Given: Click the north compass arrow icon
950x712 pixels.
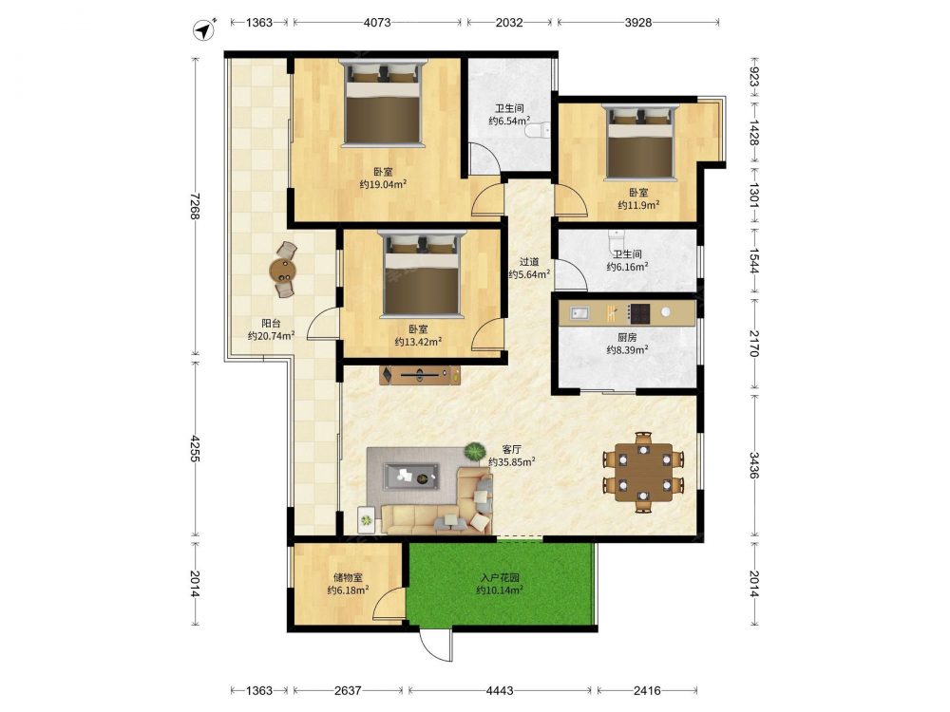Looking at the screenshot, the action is pos(204,29).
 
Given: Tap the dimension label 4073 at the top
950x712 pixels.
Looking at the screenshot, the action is pos(377,23).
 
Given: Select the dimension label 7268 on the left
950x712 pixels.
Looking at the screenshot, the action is pos(195,206).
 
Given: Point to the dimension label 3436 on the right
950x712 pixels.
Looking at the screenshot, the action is pos(754,465).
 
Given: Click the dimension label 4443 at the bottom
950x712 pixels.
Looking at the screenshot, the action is pos(500,690).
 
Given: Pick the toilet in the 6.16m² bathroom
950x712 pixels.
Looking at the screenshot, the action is pos(617,237).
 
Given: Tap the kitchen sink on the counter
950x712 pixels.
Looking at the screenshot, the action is pos(579,313).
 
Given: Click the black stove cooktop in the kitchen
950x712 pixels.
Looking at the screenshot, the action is pos(638,313).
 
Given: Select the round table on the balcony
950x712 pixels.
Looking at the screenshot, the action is pos(283,270).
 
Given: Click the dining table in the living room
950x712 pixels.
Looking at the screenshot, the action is pos(643,472).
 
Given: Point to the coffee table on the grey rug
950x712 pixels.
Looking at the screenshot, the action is pos(411,476).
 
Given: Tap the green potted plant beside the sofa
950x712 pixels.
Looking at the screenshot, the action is pos(475,451).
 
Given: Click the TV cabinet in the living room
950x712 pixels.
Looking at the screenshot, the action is pos(420,375).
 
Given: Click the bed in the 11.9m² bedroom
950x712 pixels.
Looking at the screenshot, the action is pos(640,142).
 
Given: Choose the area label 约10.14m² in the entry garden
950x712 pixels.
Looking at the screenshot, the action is pos(500,590).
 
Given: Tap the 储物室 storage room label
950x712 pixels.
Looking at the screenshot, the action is pos(348,577).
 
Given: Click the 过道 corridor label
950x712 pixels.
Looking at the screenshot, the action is pos(529,262).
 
